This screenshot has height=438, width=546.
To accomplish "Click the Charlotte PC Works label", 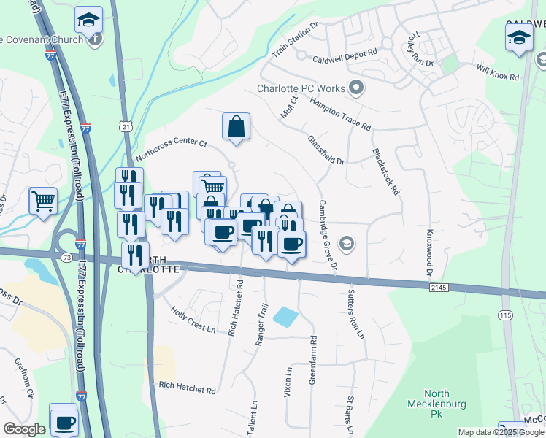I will (300, 89).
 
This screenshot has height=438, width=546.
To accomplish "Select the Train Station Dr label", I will (295, 40).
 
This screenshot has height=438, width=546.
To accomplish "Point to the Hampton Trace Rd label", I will (340, 115).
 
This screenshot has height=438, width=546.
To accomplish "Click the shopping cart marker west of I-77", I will (43, 200).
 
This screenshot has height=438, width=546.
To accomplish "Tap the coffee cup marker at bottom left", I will (64, 421).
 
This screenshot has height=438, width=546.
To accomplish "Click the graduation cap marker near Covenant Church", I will (89, 22).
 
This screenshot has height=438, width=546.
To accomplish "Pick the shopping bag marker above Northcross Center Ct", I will (237, 127).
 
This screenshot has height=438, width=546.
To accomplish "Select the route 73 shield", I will (66, 258).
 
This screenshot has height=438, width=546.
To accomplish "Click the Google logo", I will (24, 429).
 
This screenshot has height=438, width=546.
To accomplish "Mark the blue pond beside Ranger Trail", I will (285, 317).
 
